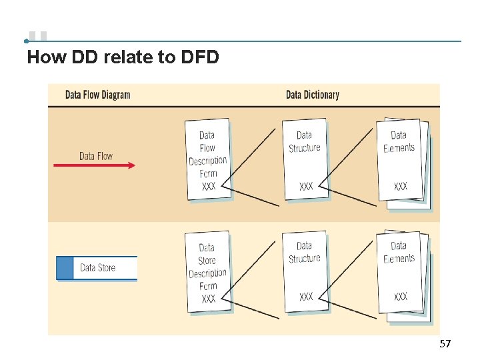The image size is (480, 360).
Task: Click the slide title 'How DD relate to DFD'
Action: point(123,57)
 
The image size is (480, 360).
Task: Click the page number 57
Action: point(445,344)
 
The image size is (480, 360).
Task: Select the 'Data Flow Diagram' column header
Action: point(97,95)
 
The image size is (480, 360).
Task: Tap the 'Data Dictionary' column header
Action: point(312,95)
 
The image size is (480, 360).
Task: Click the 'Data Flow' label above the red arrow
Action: point(96,156)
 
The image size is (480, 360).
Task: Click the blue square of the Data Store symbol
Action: point(64,267)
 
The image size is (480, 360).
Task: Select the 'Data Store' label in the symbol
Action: point(97,267)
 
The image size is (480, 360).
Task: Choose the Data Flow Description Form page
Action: point(208,159)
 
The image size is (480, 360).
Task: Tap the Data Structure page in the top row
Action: point(305,159)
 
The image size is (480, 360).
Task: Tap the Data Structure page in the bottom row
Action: point(305,270)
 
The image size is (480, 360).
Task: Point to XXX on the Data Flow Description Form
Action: point(209,187)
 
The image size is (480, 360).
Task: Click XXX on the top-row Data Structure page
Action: point(306,186)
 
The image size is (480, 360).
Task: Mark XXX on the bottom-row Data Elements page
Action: point(401,297)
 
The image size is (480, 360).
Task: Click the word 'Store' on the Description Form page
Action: point(207,261)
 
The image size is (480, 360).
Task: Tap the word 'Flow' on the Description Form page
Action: point(207,148)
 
